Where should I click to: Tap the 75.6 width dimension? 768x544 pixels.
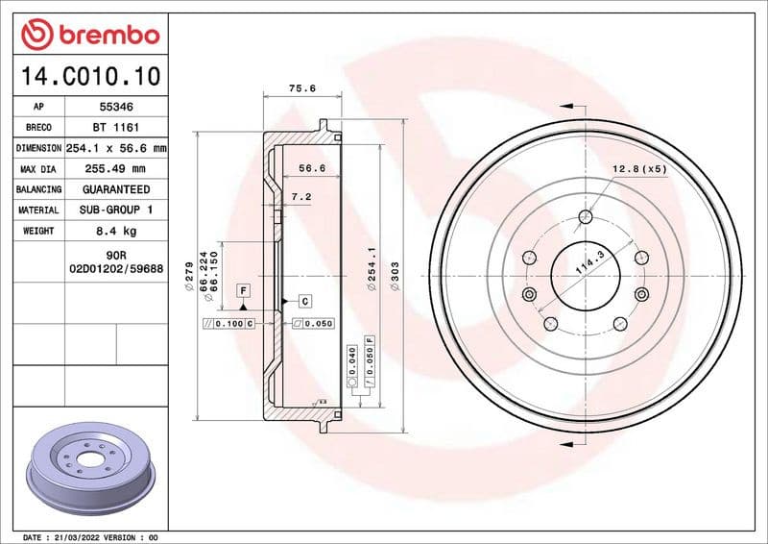302,88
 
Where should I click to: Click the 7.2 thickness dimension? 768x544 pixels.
301,196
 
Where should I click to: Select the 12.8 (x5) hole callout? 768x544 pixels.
639,169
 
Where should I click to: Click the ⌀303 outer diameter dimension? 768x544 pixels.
395,279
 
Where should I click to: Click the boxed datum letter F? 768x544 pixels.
244,289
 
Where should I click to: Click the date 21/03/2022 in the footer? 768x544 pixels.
80,536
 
